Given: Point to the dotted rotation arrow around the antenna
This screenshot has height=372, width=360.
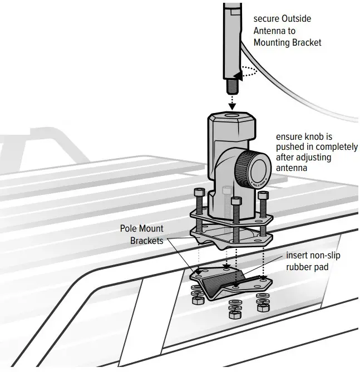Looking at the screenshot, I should tap(248, 71).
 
